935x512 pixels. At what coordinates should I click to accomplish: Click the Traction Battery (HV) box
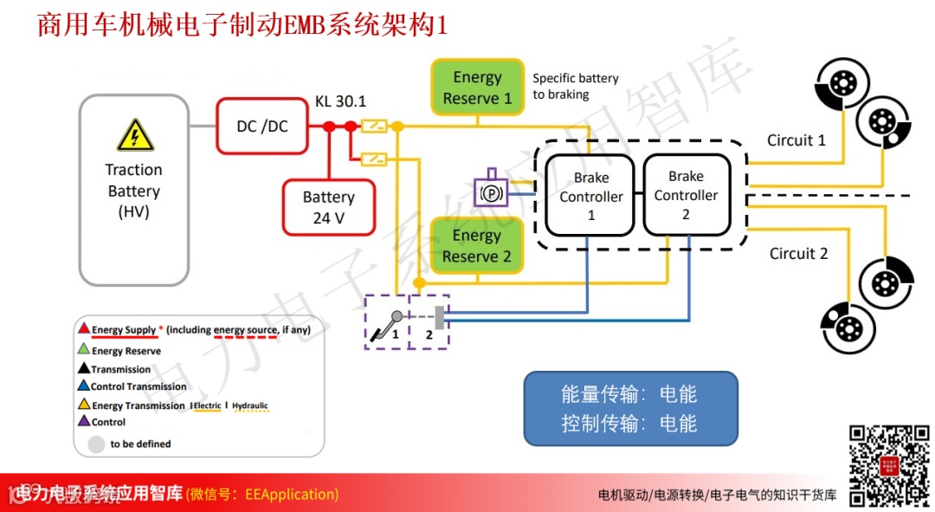(133, 190)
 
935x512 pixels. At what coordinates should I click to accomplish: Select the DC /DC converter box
(262, 126)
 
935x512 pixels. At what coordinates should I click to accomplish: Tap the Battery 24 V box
(328, 208)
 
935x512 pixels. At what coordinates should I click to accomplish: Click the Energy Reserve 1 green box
(477, 87)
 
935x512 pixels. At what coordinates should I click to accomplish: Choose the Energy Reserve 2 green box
(477, 246)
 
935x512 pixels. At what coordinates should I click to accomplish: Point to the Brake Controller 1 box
(591, 196)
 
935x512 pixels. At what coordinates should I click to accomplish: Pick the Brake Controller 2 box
(686, 195)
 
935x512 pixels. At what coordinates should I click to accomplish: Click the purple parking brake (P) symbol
(491, 191)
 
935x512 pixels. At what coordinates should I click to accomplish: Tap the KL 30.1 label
(340, 101)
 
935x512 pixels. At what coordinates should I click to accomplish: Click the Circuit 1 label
(796, 140)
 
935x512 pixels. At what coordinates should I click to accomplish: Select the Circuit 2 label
(798, 254)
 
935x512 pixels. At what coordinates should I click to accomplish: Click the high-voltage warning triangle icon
(134, 137)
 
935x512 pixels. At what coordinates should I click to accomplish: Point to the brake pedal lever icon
(385, 326)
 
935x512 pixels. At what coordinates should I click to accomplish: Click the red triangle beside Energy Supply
(83, 329)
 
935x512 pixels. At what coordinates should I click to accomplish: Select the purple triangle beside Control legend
(83, 422)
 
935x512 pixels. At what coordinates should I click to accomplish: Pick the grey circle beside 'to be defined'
(96, 444)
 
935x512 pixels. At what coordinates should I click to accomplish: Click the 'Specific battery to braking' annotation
(575, 86)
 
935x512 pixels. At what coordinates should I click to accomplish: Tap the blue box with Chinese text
(629, 408)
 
